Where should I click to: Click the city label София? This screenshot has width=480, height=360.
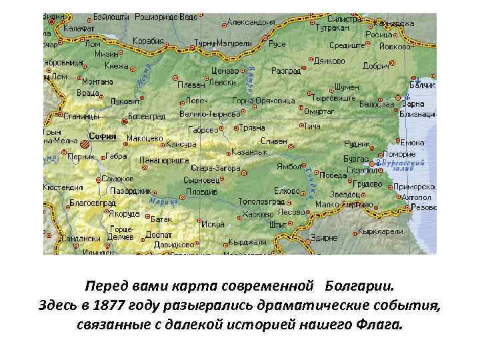coord(103,137)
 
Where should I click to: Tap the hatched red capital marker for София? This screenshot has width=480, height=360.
coord(85,143)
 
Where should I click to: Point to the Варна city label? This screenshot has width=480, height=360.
coord(413,104)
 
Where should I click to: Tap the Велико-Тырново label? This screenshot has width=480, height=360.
coord(210,113)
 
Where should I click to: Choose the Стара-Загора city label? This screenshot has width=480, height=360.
coord(215,169)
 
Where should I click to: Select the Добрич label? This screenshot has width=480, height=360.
coord(375,66)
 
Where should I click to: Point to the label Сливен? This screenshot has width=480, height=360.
coord(274,141)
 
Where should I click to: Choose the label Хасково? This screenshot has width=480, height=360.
coord(258,215)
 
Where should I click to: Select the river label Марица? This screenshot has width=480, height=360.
coord(159,199)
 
